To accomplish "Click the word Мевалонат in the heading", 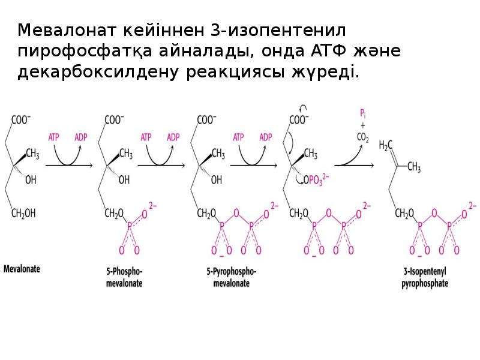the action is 67,31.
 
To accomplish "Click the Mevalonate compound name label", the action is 22,269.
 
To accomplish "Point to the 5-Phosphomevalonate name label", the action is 124,277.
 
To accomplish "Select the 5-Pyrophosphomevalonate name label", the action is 232,277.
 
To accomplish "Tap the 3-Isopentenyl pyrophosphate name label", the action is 425,277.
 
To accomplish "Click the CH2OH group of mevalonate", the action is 23,213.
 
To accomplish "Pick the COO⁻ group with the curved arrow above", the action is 299,119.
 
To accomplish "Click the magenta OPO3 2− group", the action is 316,179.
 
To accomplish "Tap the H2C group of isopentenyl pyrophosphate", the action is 385,145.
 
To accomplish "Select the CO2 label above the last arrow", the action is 363,138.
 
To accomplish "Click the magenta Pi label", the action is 363,114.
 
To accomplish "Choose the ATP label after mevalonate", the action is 53,137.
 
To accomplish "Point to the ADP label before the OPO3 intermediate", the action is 265,137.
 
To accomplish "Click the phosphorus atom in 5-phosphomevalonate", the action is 130,227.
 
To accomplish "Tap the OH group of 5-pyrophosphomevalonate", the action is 217,179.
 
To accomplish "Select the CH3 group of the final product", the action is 414,167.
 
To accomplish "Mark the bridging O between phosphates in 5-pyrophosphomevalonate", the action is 236,213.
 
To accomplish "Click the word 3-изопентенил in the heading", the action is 278,31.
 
